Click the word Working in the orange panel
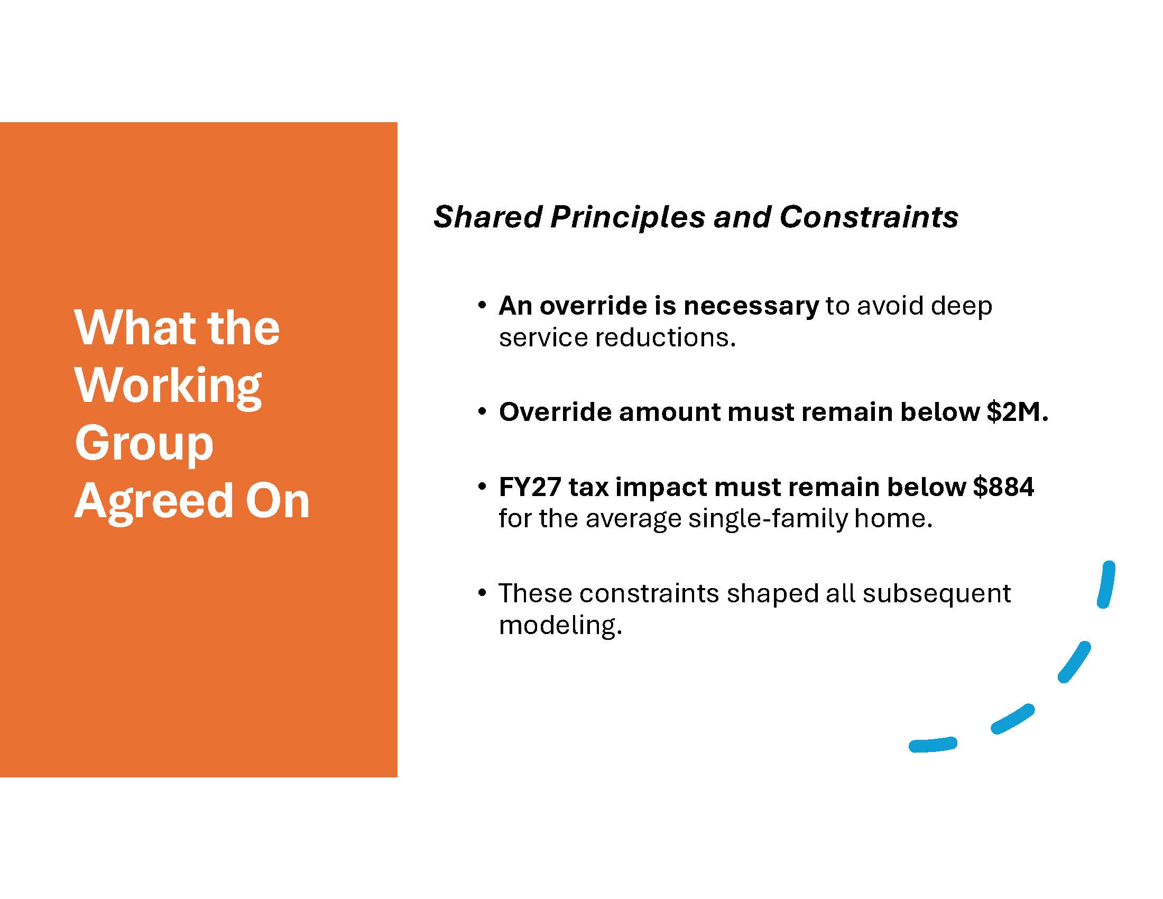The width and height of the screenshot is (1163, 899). (168, 387)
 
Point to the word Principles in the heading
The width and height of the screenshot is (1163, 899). (628, 218)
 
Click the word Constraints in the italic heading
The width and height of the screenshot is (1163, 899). (869, 217)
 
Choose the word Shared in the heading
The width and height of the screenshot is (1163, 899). (488, 217)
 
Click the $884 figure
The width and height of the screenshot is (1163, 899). (1004, 487)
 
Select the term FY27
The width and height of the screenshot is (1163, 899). (529, 487)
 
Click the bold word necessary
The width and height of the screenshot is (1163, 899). (751, 306)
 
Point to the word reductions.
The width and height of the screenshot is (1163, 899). (665, 338)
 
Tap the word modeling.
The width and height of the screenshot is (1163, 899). (560, 625)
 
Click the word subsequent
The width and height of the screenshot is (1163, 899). (937, 594)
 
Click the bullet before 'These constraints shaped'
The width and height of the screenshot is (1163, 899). (482, 593)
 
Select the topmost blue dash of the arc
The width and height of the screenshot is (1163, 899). (1107, 584)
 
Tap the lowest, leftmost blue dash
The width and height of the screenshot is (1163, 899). (933, 745)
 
